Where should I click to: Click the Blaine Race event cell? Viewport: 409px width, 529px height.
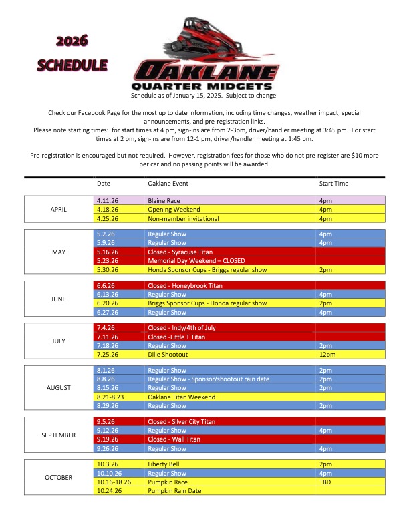point(164,200)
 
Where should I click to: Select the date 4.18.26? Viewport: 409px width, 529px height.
point(107,209)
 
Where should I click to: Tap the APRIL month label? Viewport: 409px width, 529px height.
point(59,209)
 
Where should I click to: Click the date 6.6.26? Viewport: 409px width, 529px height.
point(106,286)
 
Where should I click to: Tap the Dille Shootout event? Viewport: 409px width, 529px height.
point(168,355)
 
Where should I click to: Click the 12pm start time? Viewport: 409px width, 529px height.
point(326,355)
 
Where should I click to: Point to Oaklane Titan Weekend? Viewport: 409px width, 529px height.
point(181,397)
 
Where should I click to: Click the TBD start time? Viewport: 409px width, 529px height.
point(325,482)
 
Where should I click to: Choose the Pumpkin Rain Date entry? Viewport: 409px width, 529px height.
point(174,490)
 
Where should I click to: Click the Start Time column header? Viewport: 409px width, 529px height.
point(333,183)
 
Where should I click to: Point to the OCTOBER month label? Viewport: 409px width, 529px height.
point(59,478)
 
